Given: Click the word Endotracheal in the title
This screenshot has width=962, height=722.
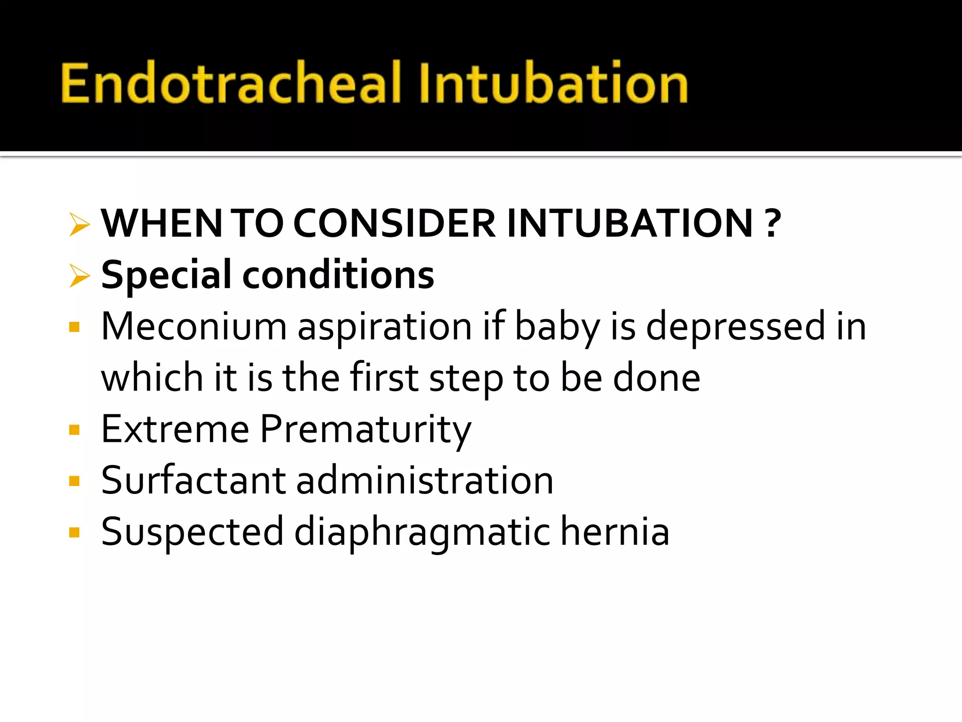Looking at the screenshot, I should pos(230,83).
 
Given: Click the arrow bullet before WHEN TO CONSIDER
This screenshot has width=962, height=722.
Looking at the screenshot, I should pos(79,224).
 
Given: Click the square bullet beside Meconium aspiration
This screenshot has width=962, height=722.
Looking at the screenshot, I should pos(74,327).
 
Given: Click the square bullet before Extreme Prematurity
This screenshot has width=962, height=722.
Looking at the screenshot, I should pos(74,430).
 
